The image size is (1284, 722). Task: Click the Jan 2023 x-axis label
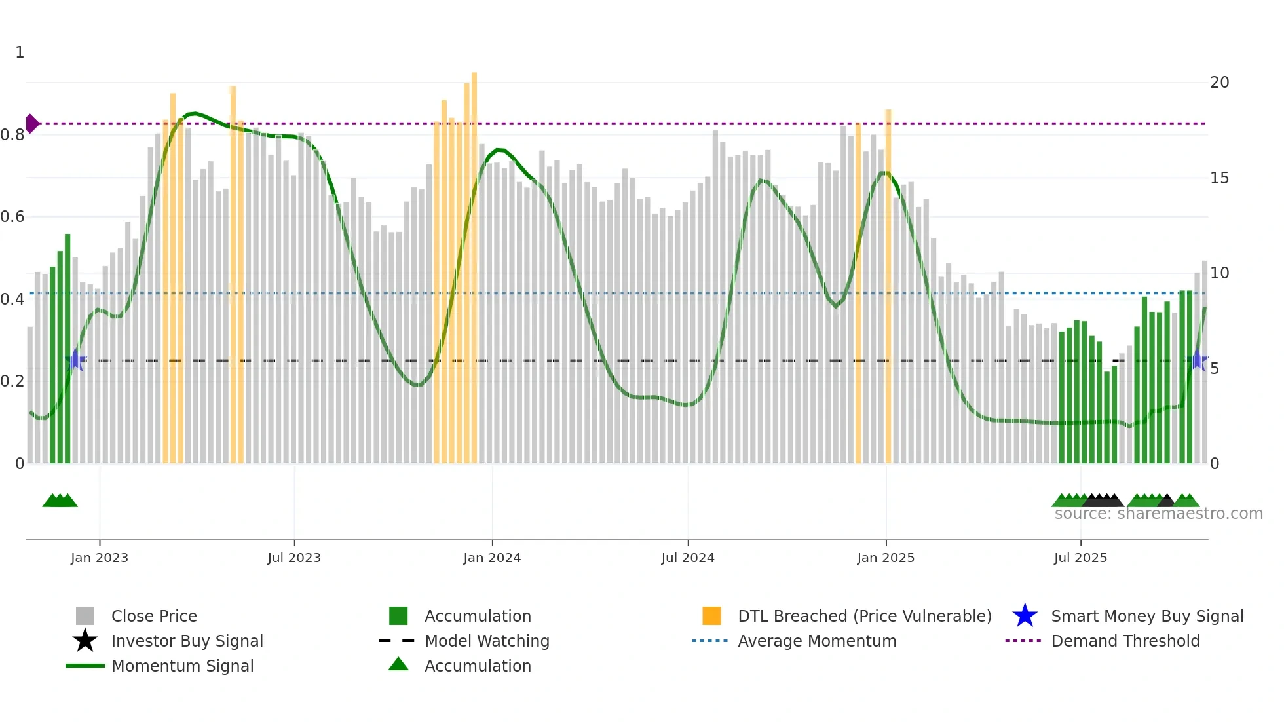pyautogui.click(x=100, y=558)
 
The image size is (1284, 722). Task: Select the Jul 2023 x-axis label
pyautogui.click(x=294, y=558)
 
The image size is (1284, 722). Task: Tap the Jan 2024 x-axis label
pyautogui.click(x=492, y=558)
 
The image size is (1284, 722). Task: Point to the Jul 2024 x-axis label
pyautogui.click(x=688, y=558)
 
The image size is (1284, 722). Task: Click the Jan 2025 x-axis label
pyautogui.click(x=886, y=558)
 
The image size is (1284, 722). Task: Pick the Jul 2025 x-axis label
pyautogui.click(x=1080, y=558)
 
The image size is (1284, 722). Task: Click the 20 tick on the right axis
pyautogui.click(x=1219, y=83)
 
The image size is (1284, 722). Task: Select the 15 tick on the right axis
pyautogui.click(x=1219, y=178)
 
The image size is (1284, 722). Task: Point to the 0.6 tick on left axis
pyautogui.click(x=12, y=217)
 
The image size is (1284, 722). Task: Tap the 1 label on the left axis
pyautogui.click(x=20, y=52)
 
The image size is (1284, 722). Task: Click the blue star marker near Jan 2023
pyautogui.click(x=75, y=360)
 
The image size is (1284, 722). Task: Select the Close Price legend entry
pyautogui.click(x=154, y=616)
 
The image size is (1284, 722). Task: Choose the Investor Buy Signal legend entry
pyautogui.click(x=187, y=641)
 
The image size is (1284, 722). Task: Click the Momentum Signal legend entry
pyautogui.click(x=182, y=666)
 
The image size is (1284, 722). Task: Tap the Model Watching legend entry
pyautogui.click(x=487, y=641)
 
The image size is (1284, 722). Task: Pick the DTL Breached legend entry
pyautogui.click(x=864, y=616)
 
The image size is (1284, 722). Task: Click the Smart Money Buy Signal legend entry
pyautogui.click(x=1147, y=616)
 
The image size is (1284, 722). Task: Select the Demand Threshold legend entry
pyautogui.click(x=1125, y=641)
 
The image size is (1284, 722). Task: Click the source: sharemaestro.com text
pyautogui.click(x=1158, y=514)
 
